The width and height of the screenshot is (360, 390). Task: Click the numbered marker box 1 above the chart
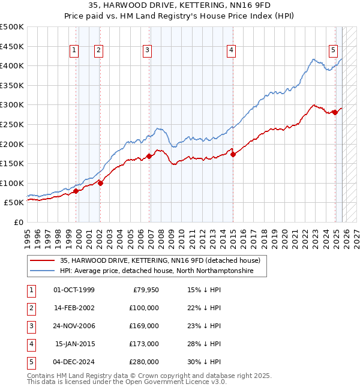73,51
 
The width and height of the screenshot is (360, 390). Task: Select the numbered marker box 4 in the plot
231,51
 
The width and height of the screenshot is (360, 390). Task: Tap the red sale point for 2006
149,156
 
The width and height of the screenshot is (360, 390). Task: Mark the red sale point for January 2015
233,154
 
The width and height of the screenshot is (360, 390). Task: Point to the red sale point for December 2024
335,112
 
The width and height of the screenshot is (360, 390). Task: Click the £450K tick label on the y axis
11,46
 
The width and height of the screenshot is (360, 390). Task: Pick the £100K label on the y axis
11,183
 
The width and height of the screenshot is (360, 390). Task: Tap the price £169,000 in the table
144,325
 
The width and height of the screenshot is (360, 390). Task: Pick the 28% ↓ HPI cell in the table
204,343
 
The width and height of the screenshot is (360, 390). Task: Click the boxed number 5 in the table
31,361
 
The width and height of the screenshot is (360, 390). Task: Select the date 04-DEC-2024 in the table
74,361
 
